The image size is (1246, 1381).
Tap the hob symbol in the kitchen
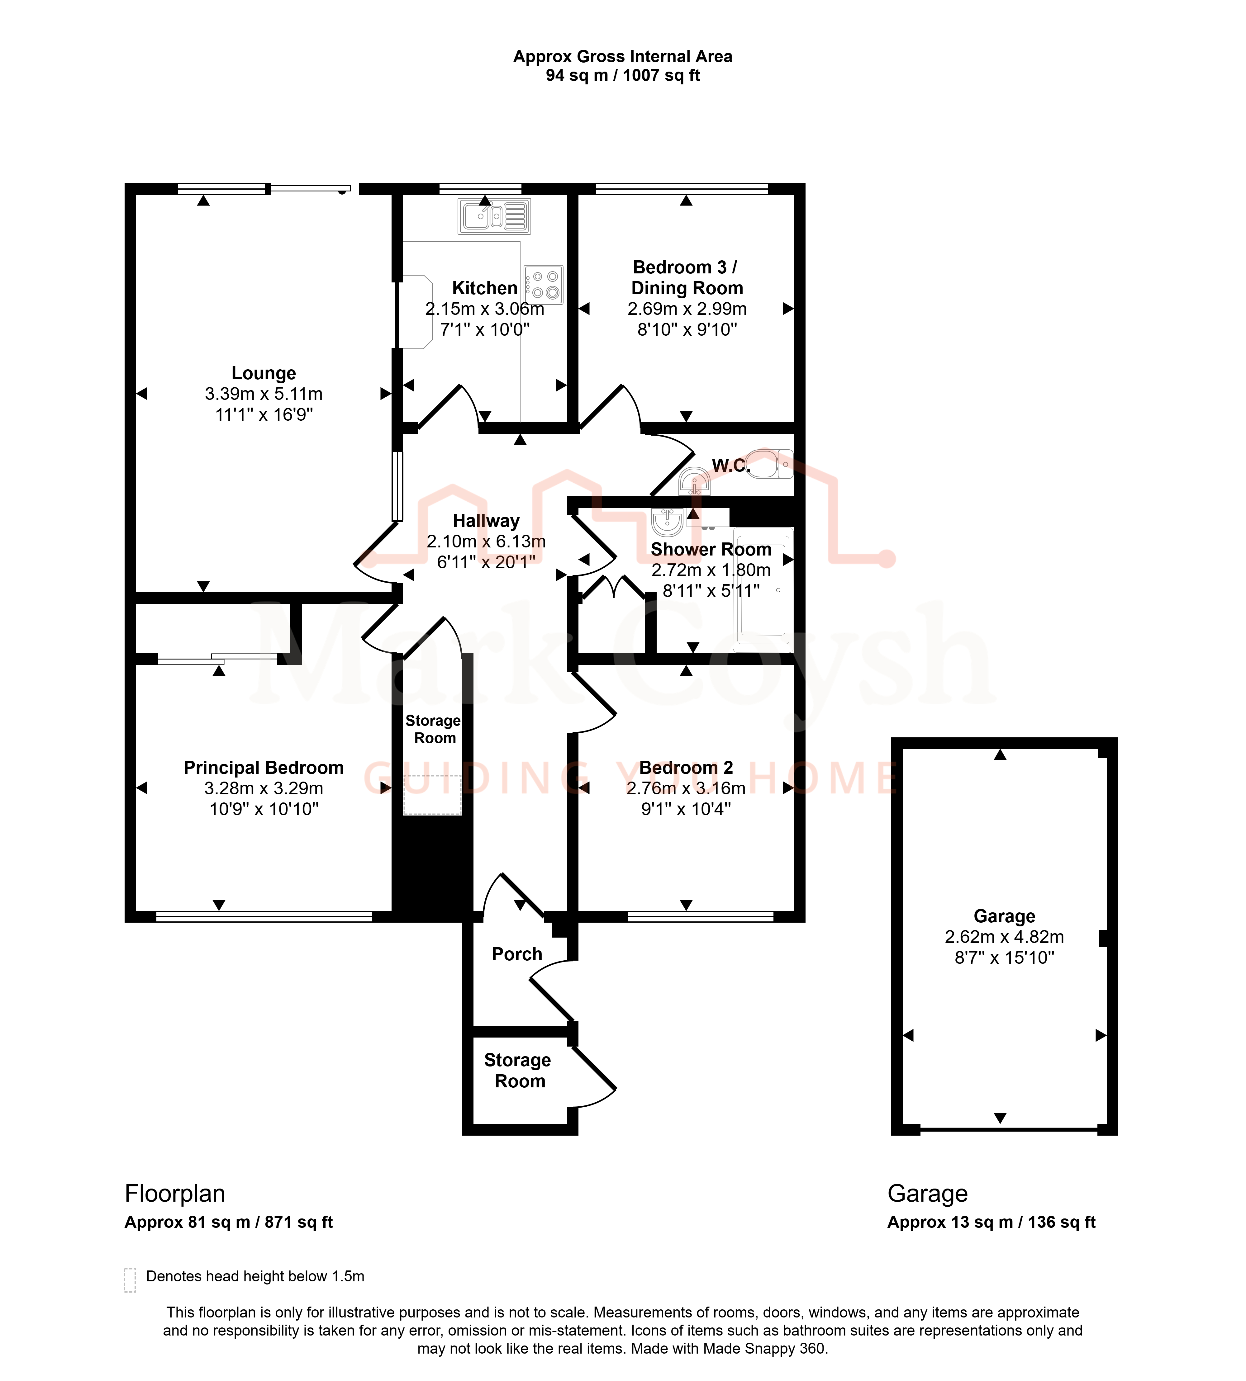click(x=544, y=285)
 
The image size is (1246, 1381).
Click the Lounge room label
click(x=264, y=373)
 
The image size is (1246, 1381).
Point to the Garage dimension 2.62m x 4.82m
click(x=1004, y=937)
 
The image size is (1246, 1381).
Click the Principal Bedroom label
click(x=264, y=768)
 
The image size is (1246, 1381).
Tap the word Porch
click(x=517, y=954)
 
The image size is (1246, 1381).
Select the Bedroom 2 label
click(x=686, y=768)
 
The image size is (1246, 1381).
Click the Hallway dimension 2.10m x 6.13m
click(x=486, y=541)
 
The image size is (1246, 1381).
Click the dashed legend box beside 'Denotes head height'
click(x=130, y=1280)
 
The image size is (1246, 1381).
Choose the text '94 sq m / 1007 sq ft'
click(x=623, y=75)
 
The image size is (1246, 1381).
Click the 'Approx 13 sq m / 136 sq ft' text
click(x=991, y=1222)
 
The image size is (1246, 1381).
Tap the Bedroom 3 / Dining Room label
click(x=687, y=277)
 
